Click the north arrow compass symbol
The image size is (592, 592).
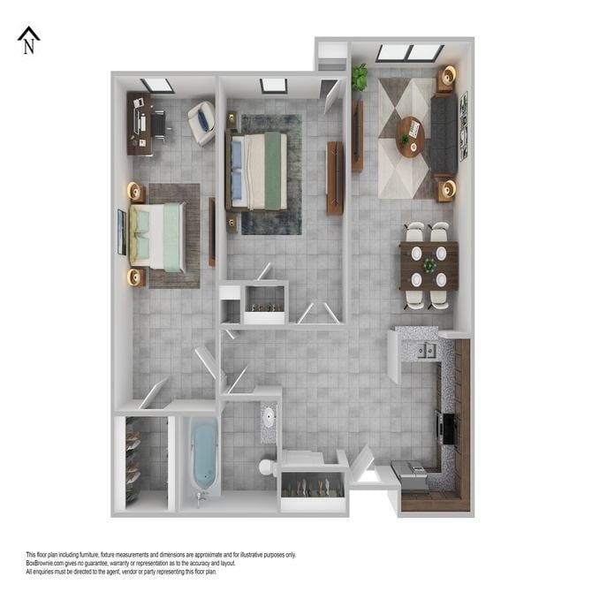click(x=29, y=41)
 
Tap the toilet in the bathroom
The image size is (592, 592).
click(x=268, y=465)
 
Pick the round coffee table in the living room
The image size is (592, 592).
click(x=410, y=137)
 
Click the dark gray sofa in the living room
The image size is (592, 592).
click(x=444, y=136)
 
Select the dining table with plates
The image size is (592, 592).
click(x=429, y=265)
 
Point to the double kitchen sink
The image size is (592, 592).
click(x=426, y=351)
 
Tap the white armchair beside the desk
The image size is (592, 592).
click(x=201, y=122)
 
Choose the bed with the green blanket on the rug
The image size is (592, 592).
click(x=258, y=171)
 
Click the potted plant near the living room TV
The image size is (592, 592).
click(x=359, y=78)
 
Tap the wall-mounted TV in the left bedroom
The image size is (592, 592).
click(x=121, y=232)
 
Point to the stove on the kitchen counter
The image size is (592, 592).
click(x=446, y=428)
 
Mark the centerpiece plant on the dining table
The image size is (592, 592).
click(x=429, y=265)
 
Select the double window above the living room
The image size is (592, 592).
click(x=409, y=53)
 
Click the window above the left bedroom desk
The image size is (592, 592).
click(x=157, y=86)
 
